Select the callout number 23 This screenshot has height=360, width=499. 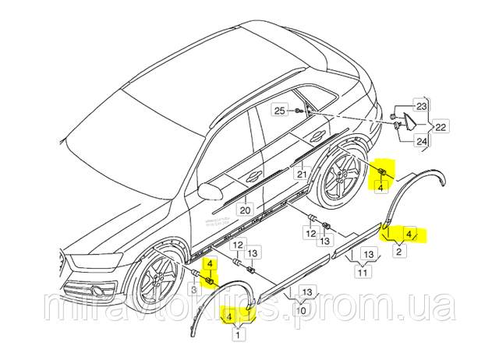pyautogui.click(x=421, y=106)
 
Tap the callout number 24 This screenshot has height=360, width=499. pyautogui.click(x=421, y=142)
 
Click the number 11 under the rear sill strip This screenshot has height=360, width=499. pyautogui.click(x=363, y=273)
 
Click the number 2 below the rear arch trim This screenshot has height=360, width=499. pyautogui.click(x=399, y=251)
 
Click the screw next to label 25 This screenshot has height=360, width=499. pyautogui.click(x=299, y=112)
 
